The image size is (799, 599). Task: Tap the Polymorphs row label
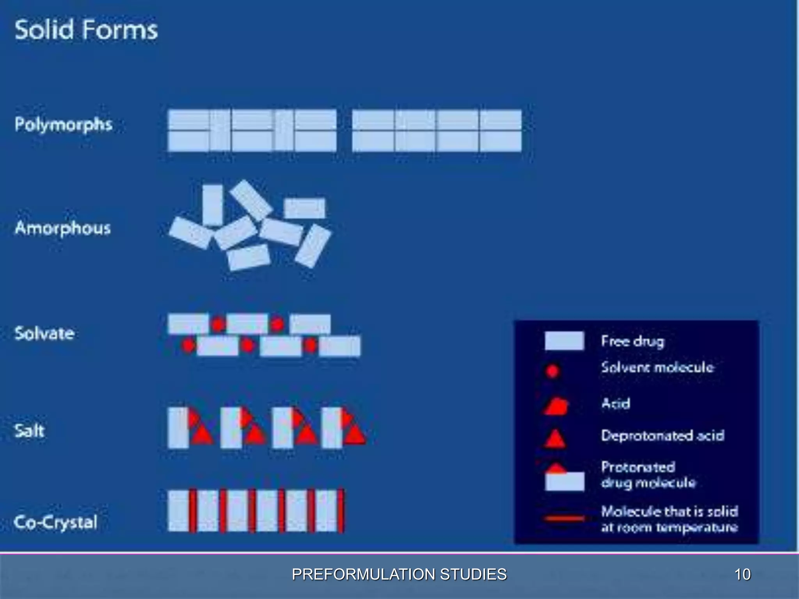[64, 125]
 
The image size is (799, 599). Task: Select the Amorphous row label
[63, 228]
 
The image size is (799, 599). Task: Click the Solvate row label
[44, 333]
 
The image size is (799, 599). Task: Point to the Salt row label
[29, 431]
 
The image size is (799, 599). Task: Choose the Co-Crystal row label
[55, 522]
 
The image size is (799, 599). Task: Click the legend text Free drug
[632, 341]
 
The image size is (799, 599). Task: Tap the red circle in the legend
[552, 371]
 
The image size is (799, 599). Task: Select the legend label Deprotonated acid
[662, 435]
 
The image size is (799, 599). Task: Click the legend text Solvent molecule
[657, 367]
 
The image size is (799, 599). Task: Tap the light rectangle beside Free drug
[564, 341]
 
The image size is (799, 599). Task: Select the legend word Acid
[616, 403]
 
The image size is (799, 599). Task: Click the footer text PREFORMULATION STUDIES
[399, 574]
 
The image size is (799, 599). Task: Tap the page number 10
[742, 574]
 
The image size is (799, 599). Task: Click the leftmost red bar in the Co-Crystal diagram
[193, 511]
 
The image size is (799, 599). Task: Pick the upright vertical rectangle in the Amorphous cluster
[213, 205]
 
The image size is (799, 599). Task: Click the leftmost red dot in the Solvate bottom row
[189, 346]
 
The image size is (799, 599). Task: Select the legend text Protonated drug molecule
[648, 475]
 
